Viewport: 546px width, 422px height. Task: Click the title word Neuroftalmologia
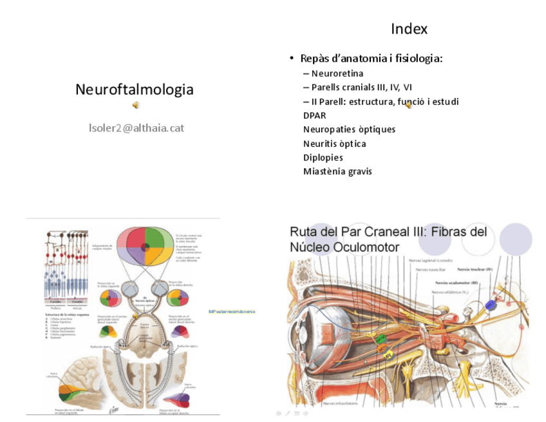(134, 90)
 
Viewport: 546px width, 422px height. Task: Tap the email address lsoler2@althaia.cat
(136, 128)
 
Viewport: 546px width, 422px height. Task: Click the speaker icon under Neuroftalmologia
(135, 105)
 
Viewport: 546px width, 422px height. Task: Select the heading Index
(409, 29)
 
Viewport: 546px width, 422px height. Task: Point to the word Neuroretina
(337, 73)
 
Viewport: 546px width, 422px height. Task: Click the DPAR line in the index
(314, 115)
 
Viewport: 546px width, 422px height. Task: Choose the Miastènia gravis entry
(337, 171)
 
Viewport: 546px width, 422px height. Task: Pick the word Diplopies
(323, 157)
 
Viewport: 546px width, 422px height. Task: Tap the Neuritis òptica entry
(334, 144)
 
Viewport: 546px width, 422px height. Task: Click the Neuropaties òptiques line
(349, 129)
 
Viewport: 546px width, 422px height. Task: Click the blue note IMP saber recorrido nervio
(232, 312)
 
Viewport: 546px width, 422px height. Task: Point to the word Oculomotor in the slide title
(370, 247)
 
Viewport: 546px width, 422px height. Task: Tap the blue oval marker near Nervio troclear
(491, 303)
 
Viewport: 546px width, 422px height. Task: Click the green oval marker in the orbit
(381, 338)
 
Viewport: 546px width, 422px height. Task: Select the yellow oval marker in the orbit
(388, 353)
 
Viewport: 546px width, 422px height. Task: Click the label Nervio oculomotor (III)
(457, 282)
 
